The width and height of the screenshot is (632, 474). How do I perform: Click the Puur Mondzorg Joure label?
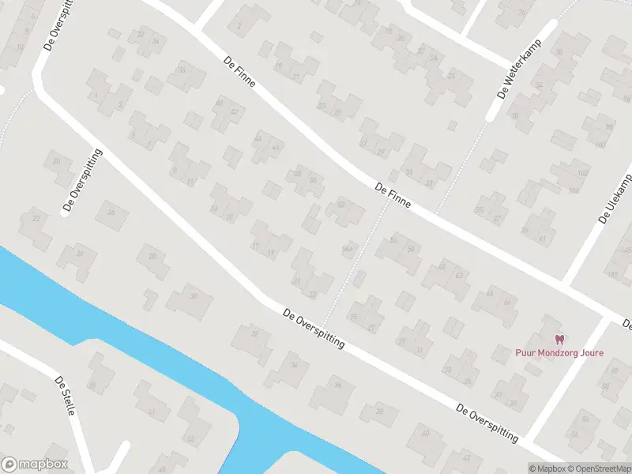[x=559, y=353]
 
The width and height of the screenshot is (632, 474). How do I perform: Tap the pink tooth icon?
[x=559, y=340]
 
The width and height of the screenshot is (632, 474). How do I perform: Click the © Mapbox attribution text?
[x=548, y=468]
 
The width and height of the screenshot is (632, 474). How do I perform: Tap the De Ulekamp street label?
[x=615, y=198]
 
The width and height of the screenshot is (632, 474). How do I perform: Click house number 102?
[x=584, y=173]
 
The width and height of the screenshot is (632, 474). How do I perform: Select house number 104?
[x=574, y=190]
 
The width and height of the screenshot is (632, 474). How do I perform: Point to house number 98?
[x=609, y=127]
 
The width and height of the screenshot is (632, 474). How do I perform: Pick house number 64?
[x=490, y=294]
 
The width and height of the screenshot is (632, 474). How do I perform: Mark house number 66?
[x=506, y=303]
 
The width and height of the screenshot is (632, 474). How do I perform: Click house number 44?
[x=258, y=139]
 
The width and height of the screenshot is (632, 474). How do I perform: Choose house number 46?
[x=276, y=148]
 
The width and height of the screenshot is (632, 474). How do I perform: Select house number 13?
[x=214, y=209]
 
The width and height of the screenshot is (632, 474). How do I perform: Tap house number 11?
[x=190, y=181]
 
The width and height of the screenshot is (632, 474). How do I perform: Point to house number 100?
[x=599, y=145]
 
